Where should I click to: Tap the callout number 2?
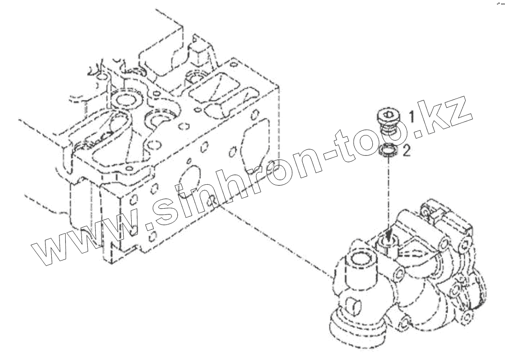[406, 152]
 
